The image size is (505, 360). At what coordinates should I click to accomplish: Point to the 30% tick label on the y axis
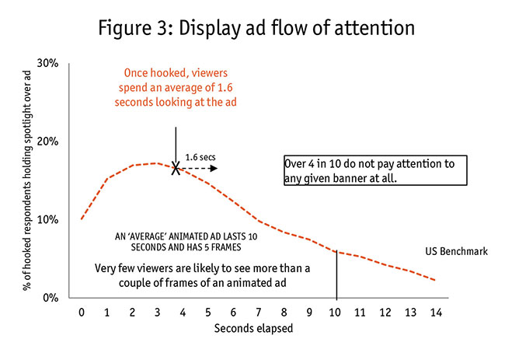(x=47, y=63)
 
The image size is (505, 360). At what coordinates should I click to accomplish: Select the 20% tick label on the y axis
(x=47, y=142)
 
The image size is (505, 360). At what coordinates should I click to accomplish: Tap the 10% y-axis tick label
(x=47, y=220)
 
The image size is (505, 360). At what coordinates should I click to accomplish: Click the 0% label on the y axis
(x=50, y=298)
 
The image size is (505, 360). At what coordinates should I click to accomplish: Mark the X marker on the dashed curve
(x=176, y=168)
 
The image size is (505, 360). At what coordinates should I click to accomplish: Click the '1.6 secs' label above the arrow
(x=200, y=156)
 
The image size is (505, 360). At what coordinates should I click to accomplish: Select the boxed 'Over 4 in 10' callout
(x=374, y=170)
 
